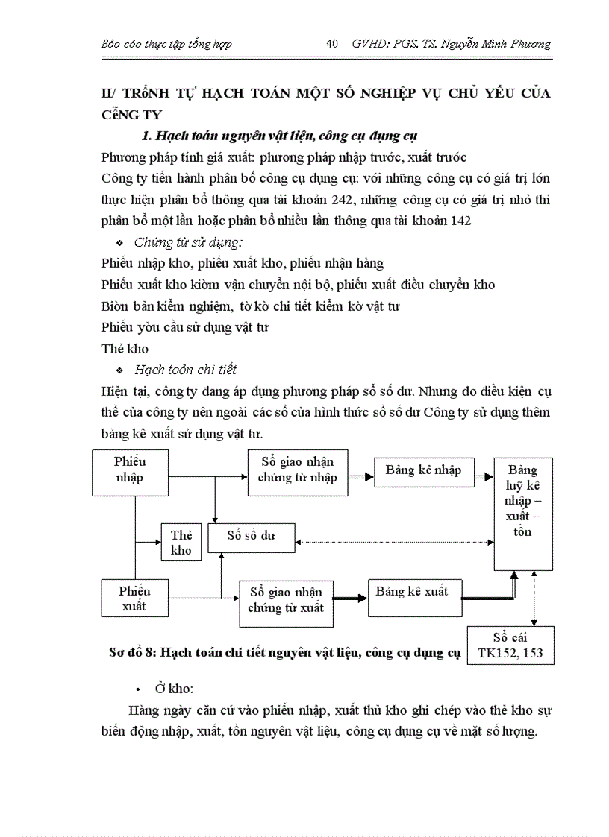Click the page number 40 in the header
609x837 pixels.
(x=333, y=44)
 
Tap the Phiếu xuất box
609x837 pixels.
(x=134, y=598)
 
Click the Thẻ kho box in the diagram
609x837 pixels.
(x=181, y=543)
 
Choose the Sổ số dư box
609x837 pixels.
(x=252, y=536)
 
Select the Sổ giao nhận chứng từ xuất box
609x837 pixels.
(x=286, y=601)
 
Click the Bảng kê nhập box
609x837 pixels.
(x=423, y=470)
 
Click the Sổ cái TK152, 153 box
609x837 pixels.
(x=510, y=645)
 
